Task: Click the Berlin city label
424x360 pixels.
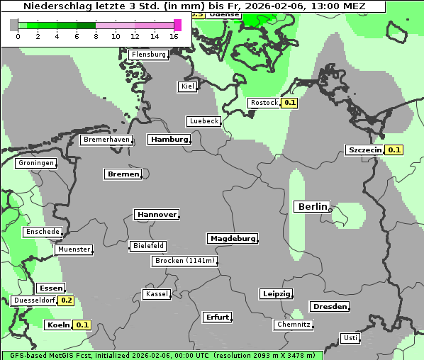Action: (312, 206)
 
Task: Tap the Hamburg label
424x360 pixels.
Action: (169, 140)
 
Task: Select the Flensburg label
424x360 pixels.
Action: (149, 55)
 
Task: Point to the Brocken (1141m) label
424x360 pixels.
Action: (184, 261)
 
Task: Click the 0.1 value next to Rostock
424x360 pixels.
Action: (289, 103)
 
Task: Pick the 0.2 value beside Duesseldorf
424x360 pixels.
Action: (66, 300)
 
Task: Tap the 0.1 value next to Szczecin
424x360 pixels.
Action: (394, 150)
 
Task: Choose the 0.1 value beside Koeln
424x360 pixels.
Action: (83, 325)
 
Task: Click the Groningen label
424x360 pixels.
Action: (35, 163)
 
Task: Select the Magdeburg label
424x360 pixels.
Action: (232, 239)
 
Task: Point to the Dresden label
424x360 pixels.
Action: (329, 307)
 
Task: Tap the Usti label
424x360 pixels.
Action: (350, 338)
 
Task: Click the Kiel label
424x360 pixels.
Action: (187, 86)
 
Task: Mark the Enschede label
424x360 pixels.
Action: (42, 232)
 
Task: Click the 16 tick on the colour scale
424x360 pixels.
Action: (174, 35)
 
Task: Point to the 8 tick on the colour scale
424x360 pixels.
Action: (96, 35)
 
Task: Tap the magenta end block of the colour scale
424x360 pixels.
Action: (177, 25)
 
